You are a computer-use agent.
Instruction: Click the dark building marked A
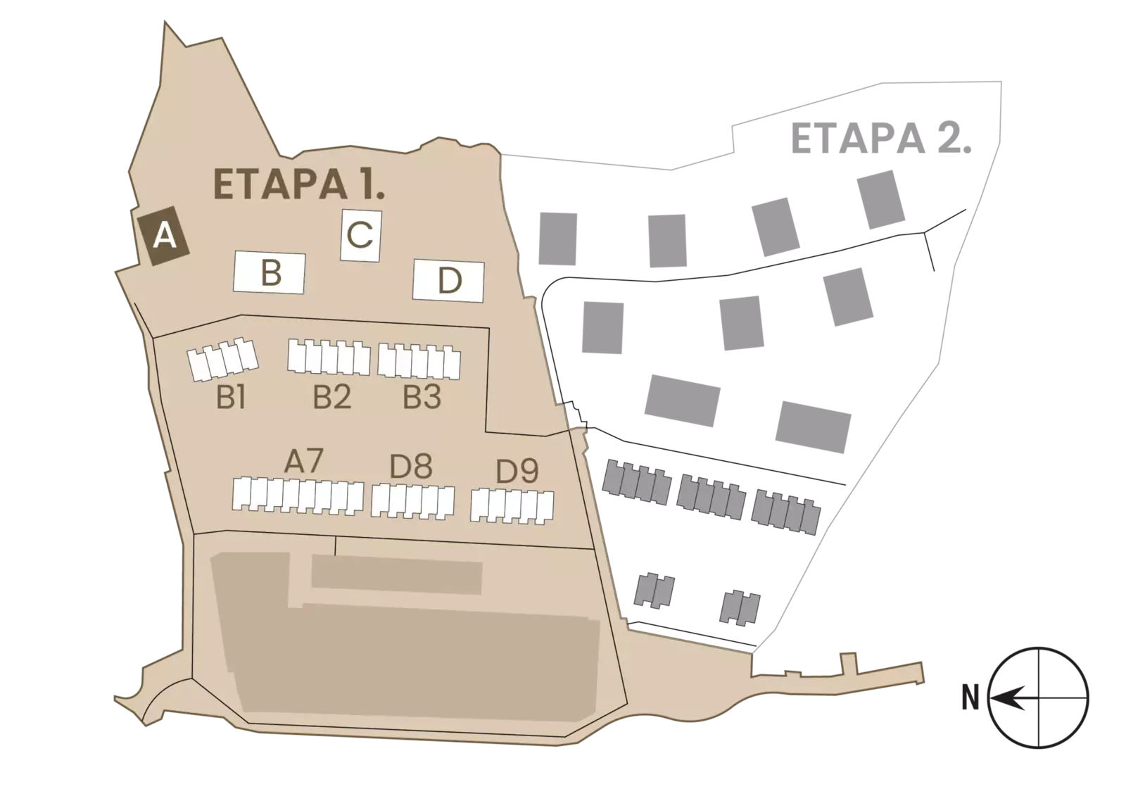pyautogui.click(x=163, y=236)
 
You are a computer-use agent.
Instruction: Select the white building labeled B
pyautogui.click(x=270, y=272)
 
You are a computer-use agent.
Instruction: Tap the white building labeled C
pyautogui.click(x=361, y=235)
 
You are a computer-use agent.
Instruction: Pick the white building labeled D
pyautogui.click(x=448, y=281)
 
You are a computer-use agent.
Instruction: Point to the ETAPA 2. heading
pyautogui.click(x=880, y=138)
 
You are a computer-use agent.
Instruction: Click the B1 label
pyautogui.click(x=232, y=398)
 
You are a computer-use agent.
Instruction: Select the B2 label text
pyautogui.click(x=331, y=397)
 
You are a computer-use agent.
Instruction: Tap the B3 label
pyautogui.click(x=422, y=397)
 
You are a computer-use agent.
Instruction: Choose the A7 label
pyautogui.click(x=303, y=461)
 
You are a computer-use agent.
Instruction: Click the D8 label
pyautogui.click(x=411, y=467)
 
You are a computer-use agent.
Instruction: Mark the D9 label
pyautogui.click(x=517, y=472)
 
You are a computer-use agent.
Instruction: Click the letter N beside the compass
pyautogui.click(x=970, y=698)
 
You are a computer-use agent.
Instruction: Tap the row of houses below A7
pyautogui.click(x=298, y=496)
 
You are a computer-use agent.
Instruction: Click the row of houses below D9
pyautogui.click(x=512, y=506)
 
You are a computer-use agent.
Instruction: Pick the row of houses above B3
pyautogui.click(x=419, y=361)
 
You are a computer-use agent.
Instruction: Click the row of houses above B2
pyautogui.click(x=329, y=357)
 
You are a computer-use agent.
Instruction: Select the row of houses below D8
pyautogui.click(x=412, y=501)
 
